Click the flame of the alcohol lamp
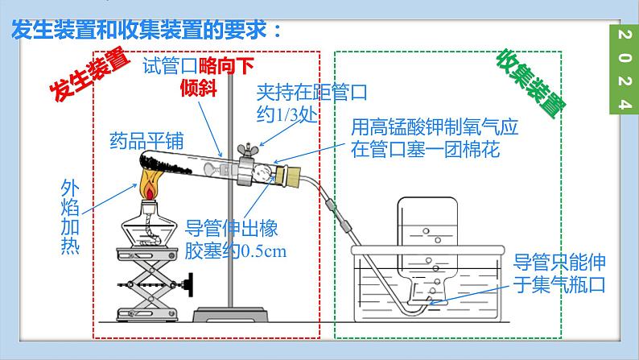point(150,189)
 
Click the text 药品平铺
point(146,142)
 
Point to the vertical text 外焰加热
point(71,217)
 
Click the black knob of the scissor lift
point(192,283)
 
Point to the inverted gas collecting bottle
point(427,242)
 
